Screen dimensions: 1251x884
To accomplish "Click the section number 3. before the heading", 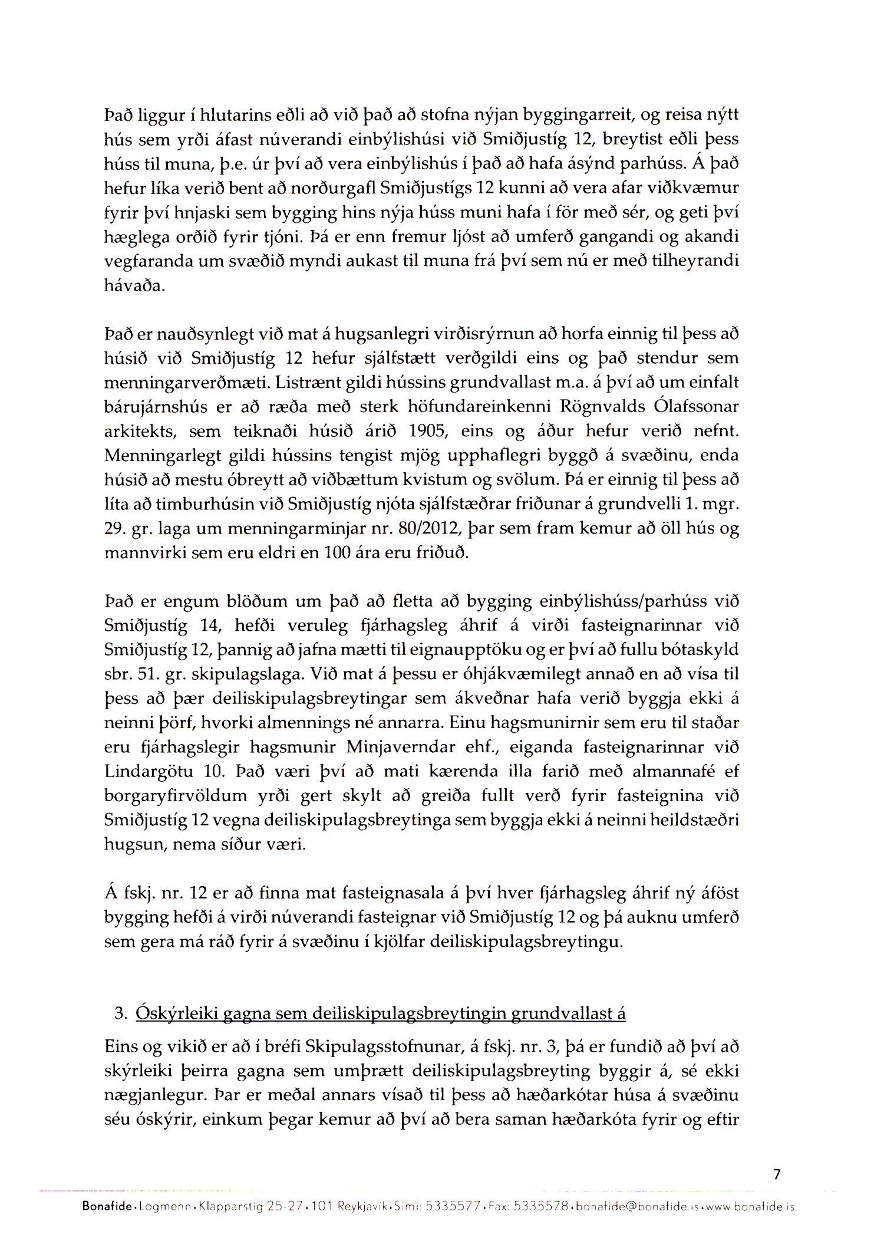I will tap(121, 1013).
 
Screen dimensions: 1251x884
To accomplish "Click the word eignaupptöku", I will tap(444, 650).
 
